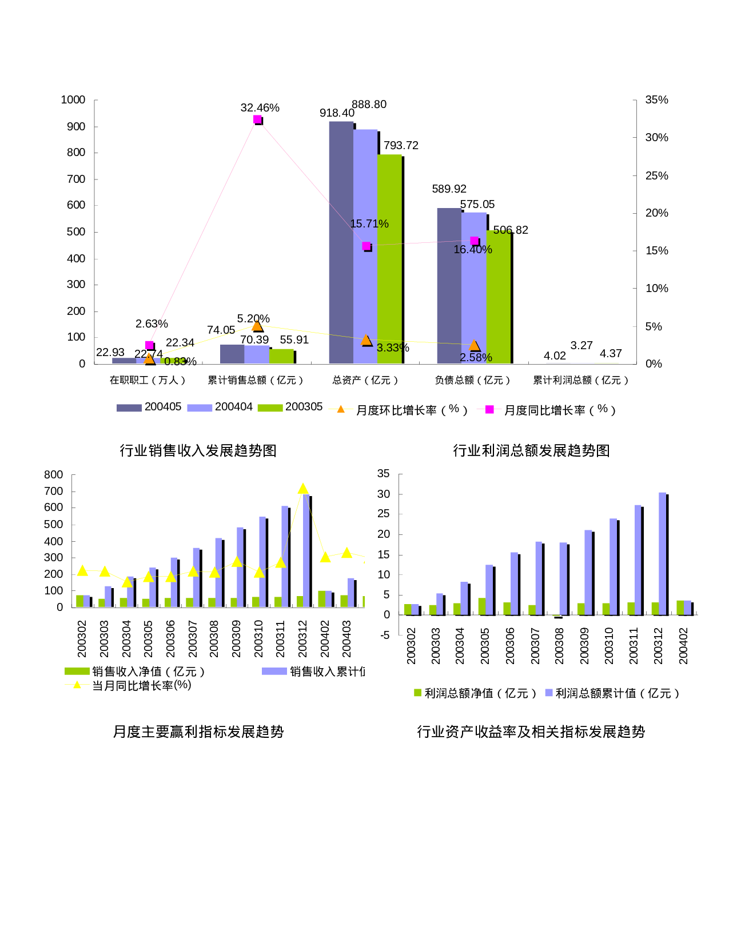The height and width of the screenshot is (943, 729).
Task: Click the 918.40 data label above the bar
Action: [x=337, y=113]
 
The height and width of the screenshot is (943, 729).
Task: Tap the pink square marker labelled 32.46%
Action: [x=257, y=119]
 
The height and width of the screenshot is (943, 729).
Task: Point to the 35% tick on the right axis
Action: [x=656, y=100]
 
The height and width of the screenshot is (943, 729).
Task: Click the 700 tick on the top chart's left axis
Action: [x=76, y=179]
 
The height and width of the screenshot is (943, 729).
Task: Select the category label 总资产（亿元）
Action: [x=365, y=380]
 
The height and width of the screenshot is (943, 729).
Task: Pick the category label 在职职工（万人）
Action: [x=148, y=380]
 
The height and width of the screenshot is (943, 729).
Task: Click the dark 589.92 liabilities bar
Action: [x=449, y=286]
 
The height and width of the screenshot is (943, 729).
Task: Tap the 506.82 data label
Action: [x=511, y=230]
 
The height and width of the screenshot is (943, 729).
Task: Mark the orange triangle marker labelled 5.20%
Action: [x=257, y=326]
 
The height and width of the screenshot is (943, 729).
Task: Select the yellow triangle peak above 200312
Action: [x=303, y=489]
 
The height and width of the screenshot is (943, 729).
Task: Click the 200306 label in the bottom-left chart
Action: [x=170, y=638]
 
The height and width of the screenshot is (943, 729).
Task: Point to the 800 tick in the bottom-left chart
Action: [x=54, y=475]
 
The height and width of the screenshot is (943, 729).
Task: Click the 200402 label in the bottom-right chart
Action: [x=683, y=646]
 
